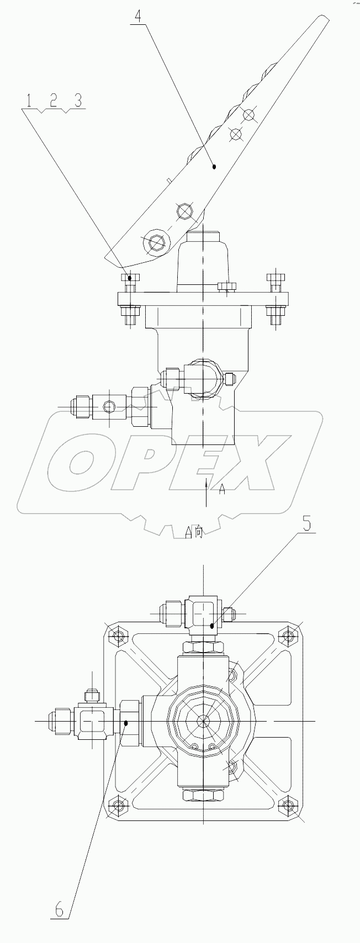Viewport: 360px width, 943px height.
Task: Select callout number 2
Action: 53,100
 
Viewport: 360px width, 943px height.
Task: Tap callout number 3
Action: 78,100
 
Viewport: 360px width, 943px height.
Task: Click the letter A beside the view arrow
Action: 222,488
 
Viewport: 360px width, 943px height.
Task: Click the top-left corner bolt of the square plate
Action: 118,637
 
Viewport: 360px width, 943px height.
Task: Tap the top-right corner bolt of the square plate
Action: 287,637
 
